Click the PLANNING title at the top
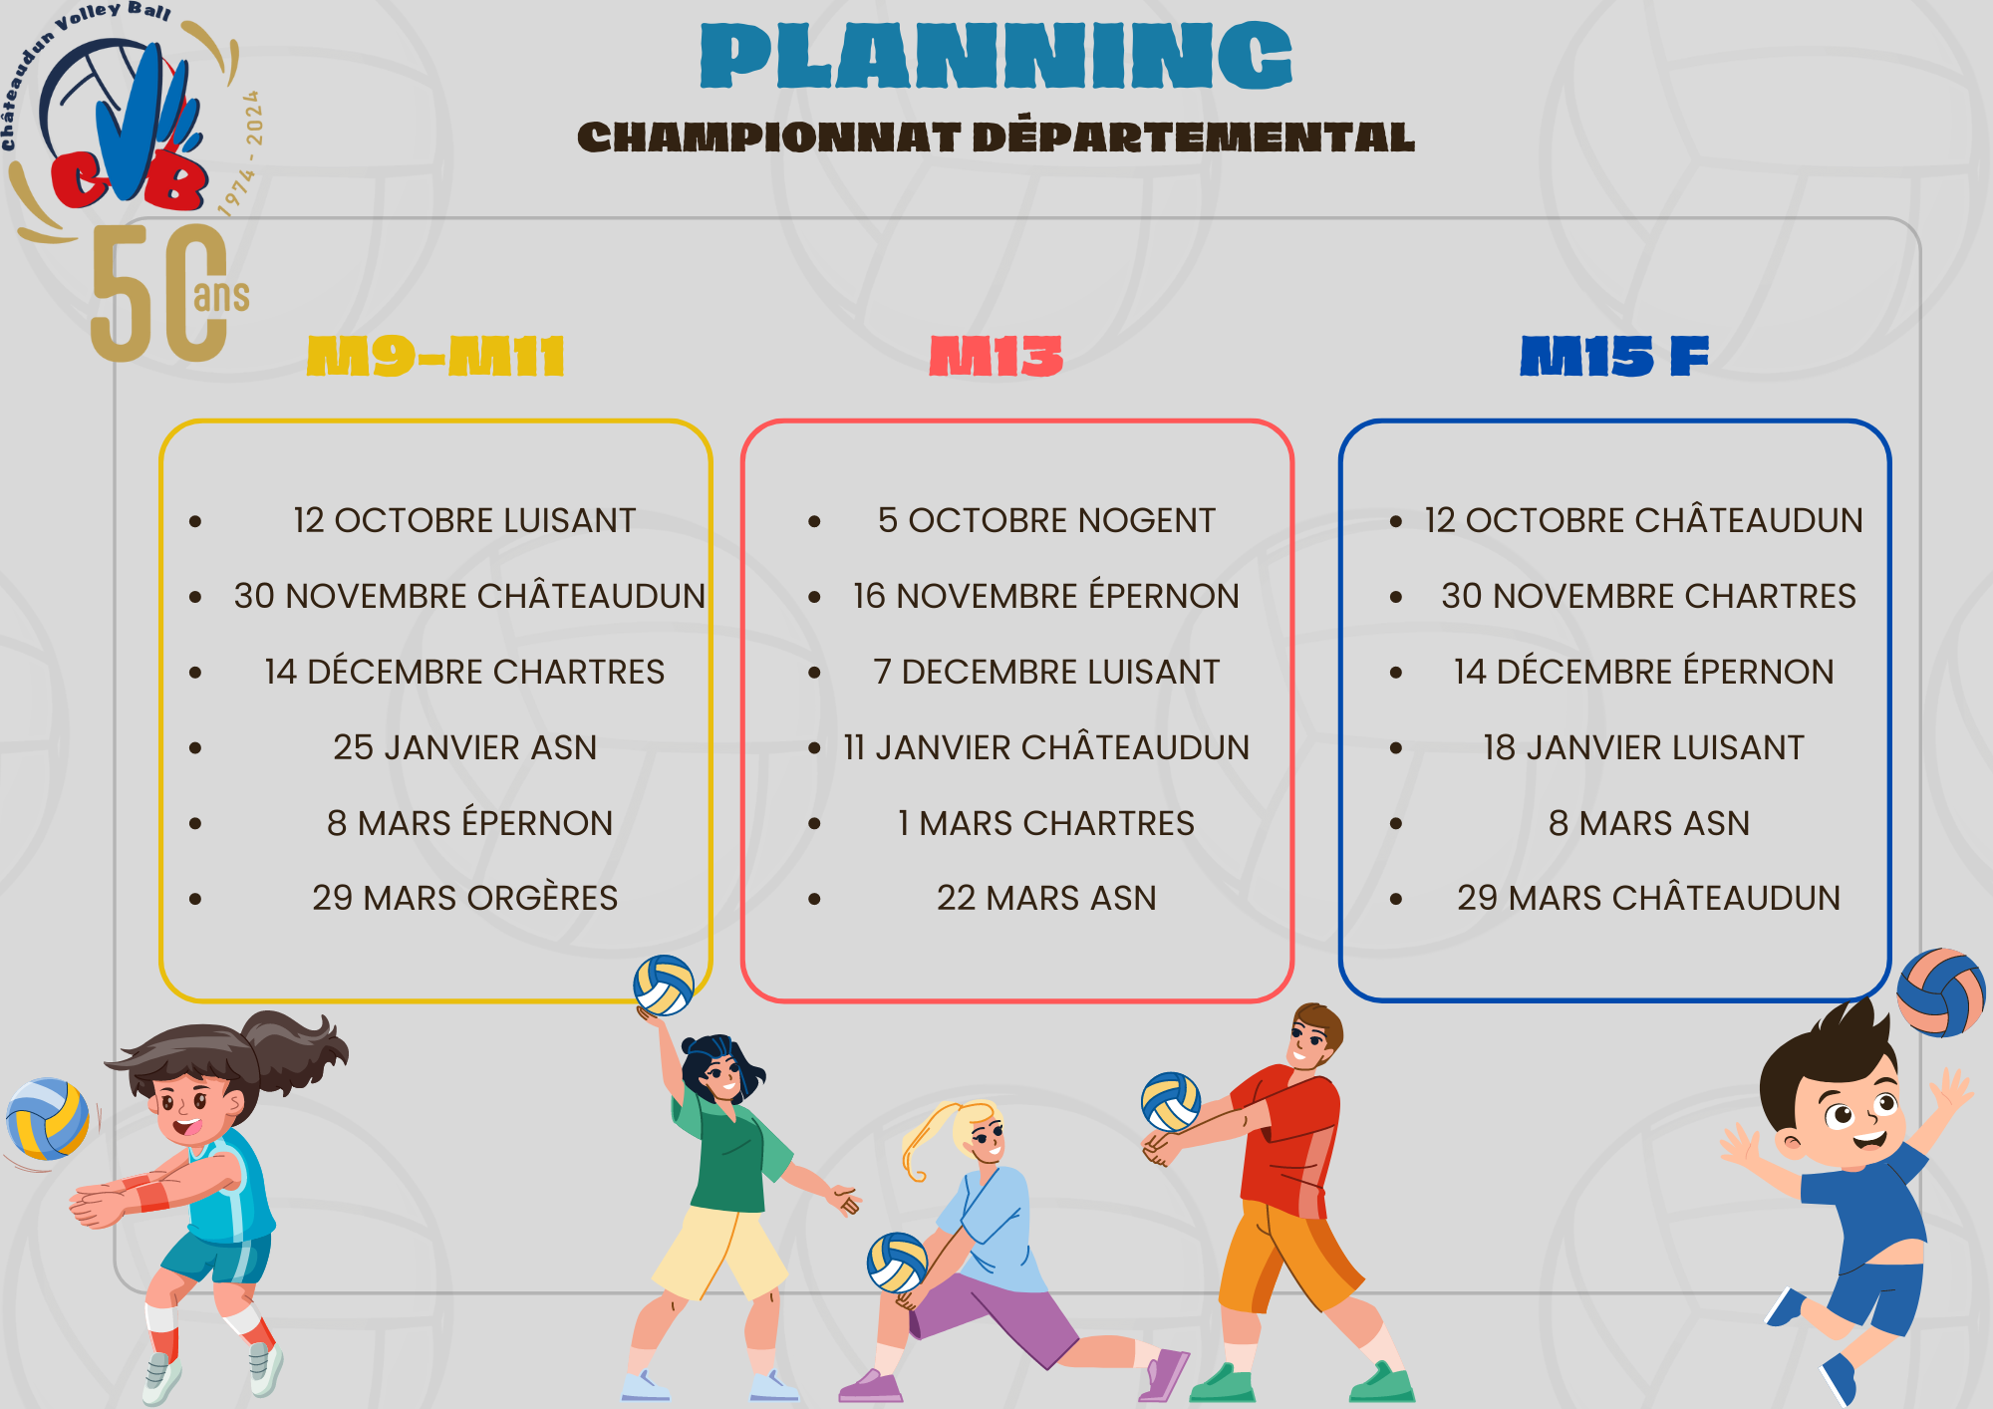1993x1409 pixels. click(996, 56)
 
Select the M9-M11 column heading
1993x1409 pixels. click(435, 356)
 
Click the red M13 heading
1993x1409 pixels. click(996, 356)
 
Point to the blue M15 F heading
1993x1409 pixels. click(1614, 356)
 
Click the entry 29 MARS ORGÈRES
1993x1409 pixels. click(465, 898)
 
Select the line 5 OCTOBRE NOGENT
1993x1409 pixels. click(1046, 520)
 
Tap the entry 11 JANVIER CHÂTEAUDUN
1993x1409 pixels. click(1046, 746)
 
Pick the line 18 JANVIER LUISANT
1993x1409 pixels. click(1644, 747)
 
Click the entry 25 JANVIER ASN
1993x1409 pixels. click(465, 747)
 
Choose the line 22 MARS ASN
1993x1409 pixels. click(1046, 898)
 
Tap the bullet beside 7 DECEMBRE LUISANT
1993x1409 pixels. click(815, 673)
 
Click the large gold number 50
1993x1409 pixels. click(159, 293)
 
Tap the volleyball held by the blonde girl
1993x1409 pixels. click(898, 1263)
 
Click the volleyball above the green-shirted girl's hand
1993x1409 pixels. click(664, 986)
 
